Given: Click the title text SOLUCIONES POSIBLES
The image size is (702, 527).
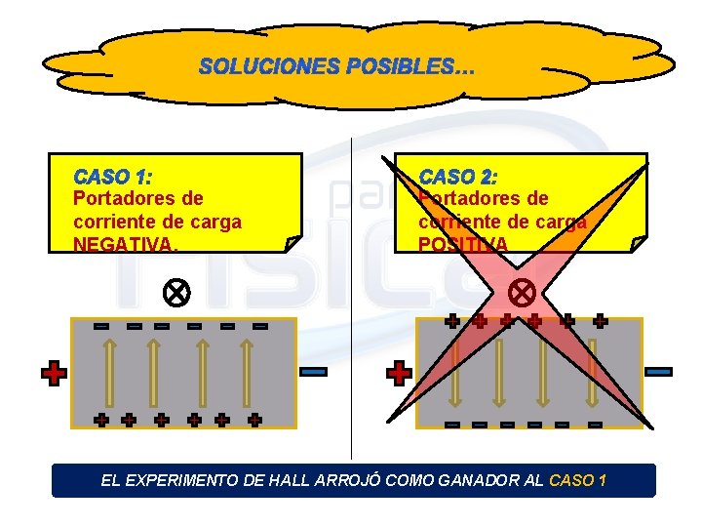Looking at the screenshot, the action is coord(336,67).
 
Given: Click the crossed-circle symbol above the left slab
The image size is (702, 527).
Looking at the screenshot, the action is coord(176,292).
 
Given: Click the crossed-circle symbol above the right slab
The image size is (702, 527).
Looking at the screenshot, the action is coord(523,292).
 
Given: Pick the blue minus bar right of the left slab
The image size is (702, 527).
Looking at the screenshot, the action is coord(314,372).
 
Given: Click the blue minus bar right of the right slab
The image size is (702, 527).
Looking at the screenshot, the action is coord(659,372).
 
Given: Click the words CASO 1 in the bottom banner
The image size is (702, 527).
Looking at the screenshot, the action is coord(578,480).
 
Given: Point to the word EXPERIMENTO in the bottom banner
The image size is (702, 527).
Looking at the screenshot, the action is coord(189,480).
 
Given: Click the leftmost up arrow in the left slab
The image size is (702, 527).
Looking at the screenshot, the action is coord(109,372).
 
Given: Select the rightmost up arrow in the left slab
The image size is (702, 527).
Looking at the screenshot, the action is coord(246,372).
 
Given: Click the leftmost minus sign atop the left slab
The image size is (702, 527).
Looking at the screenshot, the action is coord(101,326).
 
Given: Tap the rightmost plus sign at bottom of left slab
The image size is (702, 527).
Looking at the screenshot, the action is coord(254,421).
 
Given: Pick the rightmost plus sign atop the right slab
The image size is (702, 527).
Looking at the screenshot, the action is coord(600,320).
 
